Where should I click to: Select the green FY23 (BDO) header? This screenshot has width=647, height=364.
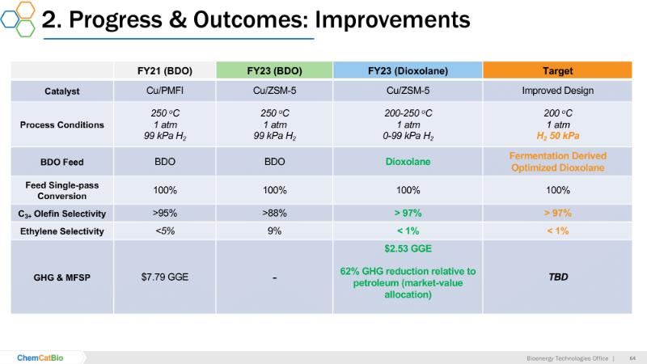[x=275, y=70]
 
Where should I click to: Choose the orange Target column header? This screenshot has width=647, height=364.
[x=558, y=70]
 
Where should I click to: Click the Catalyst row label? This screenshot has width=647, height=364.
[x=61, y=90]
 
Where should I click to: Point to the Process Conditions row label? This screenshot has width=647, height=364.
[x=61, y=125]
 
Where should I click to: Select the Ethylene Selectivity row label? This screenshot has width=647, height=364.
[x=61, y=231]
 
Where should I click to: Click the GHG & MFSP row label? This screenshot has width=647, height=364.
[x=61, y=277]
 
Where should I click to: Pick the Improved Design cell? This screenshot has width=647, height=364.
[x=558, y=90]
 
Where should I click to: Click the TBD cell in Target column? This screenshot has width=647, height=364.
[x=558, y=277]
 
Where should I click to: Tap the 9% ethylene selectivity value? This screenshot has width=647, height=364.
[x=275, y=231]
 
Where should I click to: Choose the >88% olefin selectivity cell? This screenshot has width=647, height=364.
[x=275, y=213]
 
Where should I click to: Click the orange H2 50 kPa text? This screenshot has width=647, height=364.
[x=558, y=137]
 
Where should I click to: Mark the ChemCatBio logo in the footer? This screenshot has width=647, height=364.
[x=45, y=357]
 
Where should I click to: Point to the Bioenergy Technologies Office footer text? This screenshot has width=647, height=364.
[x=565, y=358]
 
